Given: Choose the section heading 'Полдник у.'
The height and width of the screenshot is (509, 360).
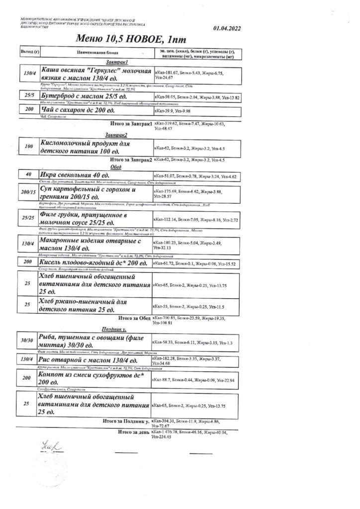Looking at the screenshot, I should pyautogui.click(x=116, y=329).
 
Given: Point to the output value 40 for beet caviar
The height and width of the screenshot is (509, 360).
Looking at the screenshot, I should pyautogui.click(x=28, y=175).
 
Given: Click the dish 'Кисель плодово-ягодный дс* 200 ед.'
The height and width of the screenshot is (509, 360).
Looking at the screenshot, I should pyautogui.click(x=93, y=262).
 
